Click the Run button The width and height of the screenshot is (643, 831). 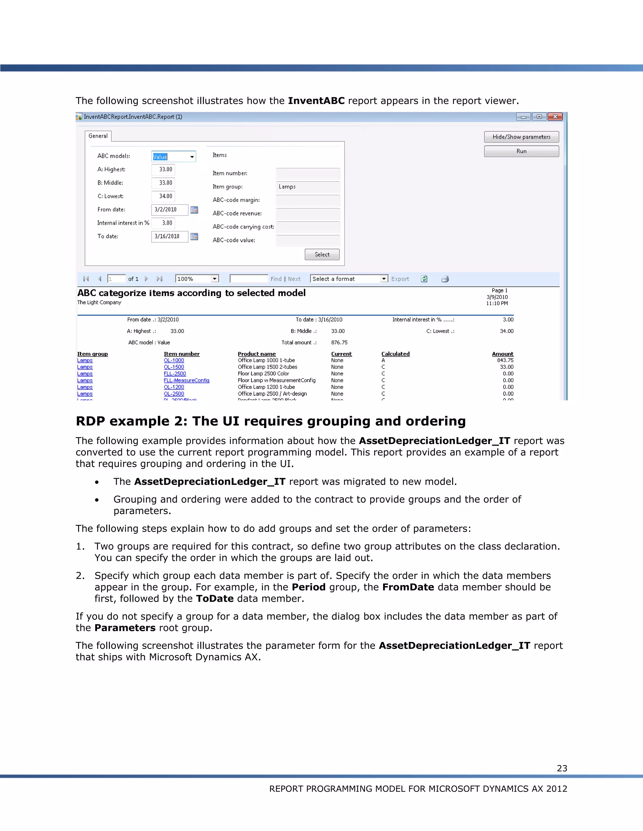pyautogui.click(x=521, y=151)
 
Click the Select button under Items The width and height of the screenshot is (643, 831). pyautogui.click(x=322, y=255)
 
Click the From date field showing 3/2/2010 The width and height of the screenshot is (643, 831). pyautogui.click(x=169, y=210)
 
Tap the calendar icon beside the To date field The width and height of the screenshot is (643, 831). pyautogui.click(x=194, y=236)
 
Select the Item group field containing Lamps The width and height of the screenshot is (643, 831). pyautogui.click(x=307, y=187)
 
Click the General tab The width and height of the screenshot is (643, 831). pyautogui.click(x=98, y=136)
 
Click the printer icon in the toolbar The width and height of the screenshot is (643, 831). pyautogui.click(x=445, y=279)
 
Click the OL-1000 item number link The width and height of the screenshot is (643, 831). pyautogui.click(x=174, y=360)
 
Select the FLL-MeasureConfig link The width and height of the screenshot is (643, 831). pyautogui.click(x=186, y=380)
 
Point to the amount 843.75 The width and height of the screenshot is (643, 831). pyautogui.click(x=505, y=360)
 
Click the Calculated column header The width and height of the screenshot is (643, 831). pyautogui.click(x=395, y=354)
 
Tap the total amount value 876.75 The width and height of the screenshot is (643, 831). pyautogui.click(x=339, y=342)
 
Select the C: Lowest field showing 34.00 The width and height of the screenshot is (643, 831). pyautogui.click(x=163, y=196)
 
